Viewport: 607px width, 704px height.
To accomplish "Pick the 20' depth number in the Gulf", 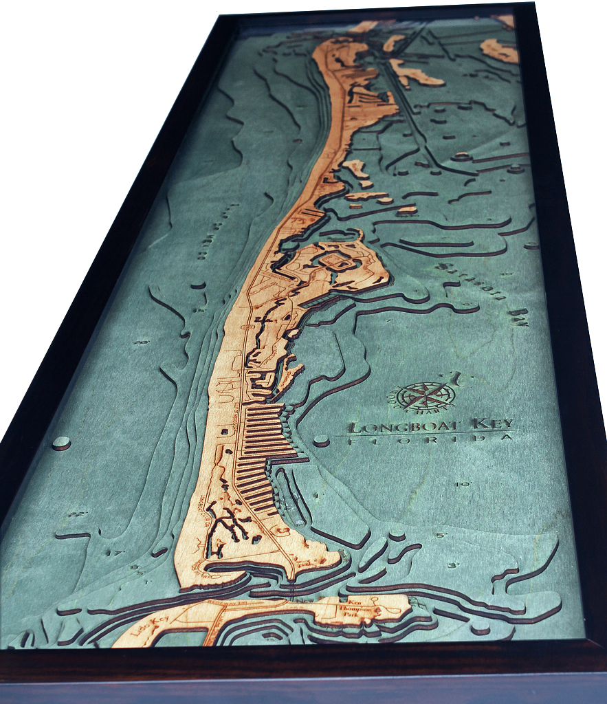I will click(x=142, y=342).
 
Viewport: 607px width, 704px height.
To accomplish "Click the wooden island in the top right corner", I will click(x=499, y=50).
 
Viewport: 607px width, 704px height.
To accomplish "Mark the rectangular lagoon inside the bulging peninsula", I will click(x=336, y=261).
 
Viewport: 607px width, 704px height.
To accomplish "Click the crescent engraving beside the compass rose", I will click(x=455, y=379).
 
